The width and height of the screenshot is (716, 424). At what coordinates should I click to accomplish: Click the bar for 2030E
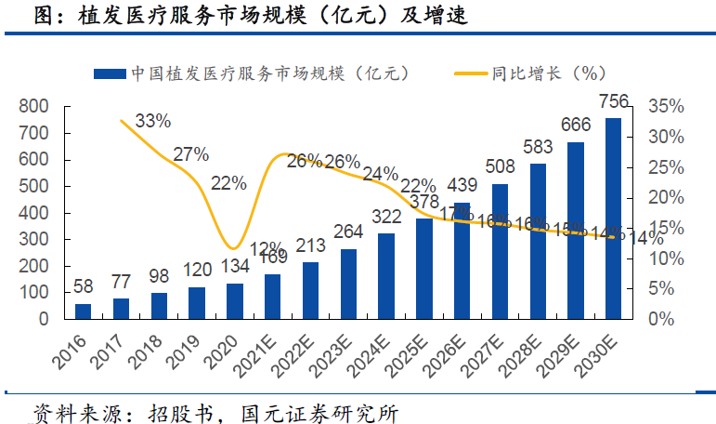(614, 218)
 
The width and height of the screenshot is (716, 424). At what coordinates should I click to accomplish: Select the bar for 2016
(84, 311)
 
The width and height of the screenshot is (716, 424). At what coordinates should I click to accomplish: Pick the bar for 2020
(235, 300)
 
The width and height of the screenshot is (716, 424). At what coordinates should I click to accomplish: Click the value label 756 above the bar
(614, 101)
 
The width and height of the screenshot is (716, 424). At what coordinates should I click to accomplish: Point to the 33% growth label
(153, 121)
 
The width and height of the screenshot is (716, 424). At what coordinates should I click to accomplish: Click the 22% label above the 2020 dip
(228, 183)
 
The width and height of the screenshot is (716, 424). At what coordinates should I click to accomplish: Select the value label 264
(348, 232)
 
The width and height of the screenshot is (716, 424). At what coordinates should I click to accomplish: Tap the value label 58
(84, 286)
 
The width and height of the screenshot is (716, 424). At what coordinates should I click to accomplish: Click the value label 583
(539, 146)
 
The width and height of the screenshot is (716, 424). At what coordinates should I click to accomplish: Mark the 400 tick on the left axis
(33, 212)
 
